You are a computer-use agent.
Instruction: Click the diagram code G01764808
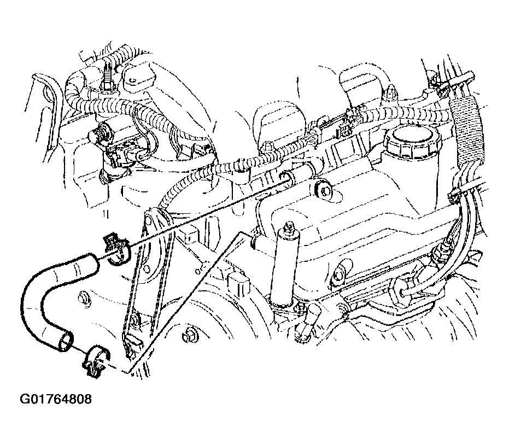pyautogui.click(x=56, y=399)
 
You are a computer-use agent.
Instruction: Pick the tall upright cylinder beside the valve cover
pyautogui.click(x=285, y=266)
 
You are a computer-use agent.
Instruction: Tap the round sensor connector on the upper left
pyautogui.click(x=100, y=133)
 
